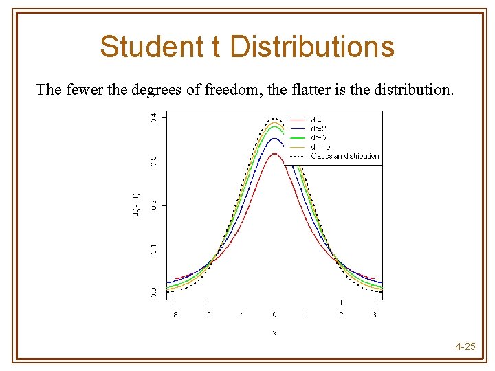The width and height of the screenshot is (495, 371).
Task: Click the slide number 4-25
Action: [x=465, y=346]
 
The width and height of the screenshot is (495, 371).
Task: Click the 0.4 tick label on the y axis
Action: [x=153, y=117]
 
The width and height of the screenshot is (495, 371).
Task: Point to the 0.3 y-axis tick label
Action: [x=153, y=161]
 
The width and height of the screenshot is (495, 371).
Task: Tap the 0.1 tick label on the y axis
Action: [x=153, y=248]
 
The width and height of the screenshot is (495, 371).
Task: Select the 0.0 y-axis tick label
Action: [x=153, y=292]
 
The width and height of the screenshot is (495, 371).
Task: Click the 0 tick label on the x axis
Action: [x=274, y=315]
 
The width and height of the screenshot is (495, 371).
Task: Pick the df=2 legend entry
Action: [x=318, y=128]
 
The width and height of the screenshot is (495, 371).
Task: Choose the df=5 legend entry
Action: [x=318, y=137]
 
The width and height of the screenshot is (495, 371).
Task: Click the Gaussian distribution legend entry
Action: [x=344, y=156]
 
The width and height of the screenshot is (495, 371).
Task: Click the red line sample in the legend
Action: [x=298, y=120]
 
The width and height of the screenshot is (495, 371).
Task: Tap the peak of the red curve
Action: [x=274, y=153]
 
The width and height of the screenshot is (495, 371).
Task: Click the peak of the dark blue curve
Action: [x=274, y=139]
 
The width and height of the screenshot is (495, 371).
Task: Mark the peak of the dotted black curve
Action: [x=274, y=118]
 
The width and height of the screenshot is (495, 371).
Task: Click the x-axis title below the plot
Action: [x=274, y=333]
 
